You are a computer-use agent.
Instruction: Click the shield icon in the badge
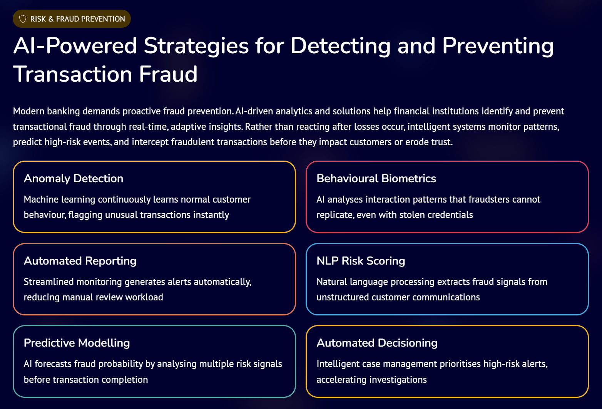pyautogui.click(x=23, y=19)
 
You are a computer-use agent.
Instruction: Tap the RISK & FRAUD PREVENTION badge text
pyautogui.click(x=77, y=19)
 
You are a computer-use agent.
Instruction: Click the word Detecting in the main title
pyautogui.click(x=340, y=46)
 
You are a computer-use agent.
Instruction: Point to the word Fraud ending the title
pyautogui.click(x=168, y=74)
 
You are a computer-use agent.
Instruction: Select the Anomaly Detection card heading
pyautogui.click(x=74, y=179)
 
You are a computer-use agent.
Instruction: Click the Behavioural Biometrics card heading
pyautogui.click(x=376, y=179)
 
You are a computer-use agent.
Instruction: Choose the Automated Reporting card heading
pyautogui.click(x=80, y=261)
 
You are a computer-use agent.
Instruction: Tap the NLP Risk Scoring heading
pyautogui.click(x=361, y=261)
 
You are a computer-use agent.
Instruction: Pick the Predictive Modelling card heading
pyautogui.click(x=77, y=343)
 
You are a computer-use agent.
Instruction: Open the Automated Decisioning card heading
pyautogui.click(x=377, y=343)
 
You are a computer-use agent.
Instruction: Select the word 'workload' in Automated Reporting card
pyautogui.click(x=145, y=297)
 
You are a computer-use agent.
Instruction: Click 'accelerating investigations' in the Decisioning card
pyautogui.click(x=371, y=380)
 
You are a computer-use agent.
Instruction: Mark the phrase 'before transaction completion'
pyautogui.click(x=86, y=380)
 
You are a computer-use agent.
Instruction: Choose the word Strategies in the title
pyautogui.click(x=196, y=46)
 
